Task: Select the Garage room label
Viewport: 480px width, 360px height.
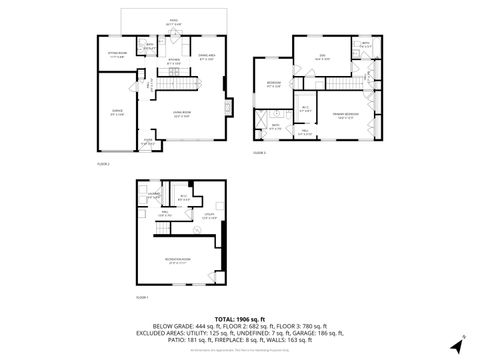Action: click(x=117, y=111)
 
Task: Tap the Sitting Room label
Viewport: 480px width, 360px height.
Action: click(x=117, y=54)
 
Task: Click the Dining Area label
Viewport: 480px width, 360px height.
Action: click(x=207, y=56)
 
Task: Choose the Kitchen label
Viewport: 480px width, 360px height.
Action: click(x=172, y=62)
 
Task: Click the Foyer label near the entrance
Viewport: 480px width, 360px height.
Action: click(x=147, y=141)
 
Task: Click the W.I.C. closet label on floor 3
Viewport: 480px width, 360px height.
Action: click(x=305, y=109)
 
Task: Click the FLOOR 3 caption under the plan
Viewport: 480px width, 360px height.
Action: click(x=259, y=153)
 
